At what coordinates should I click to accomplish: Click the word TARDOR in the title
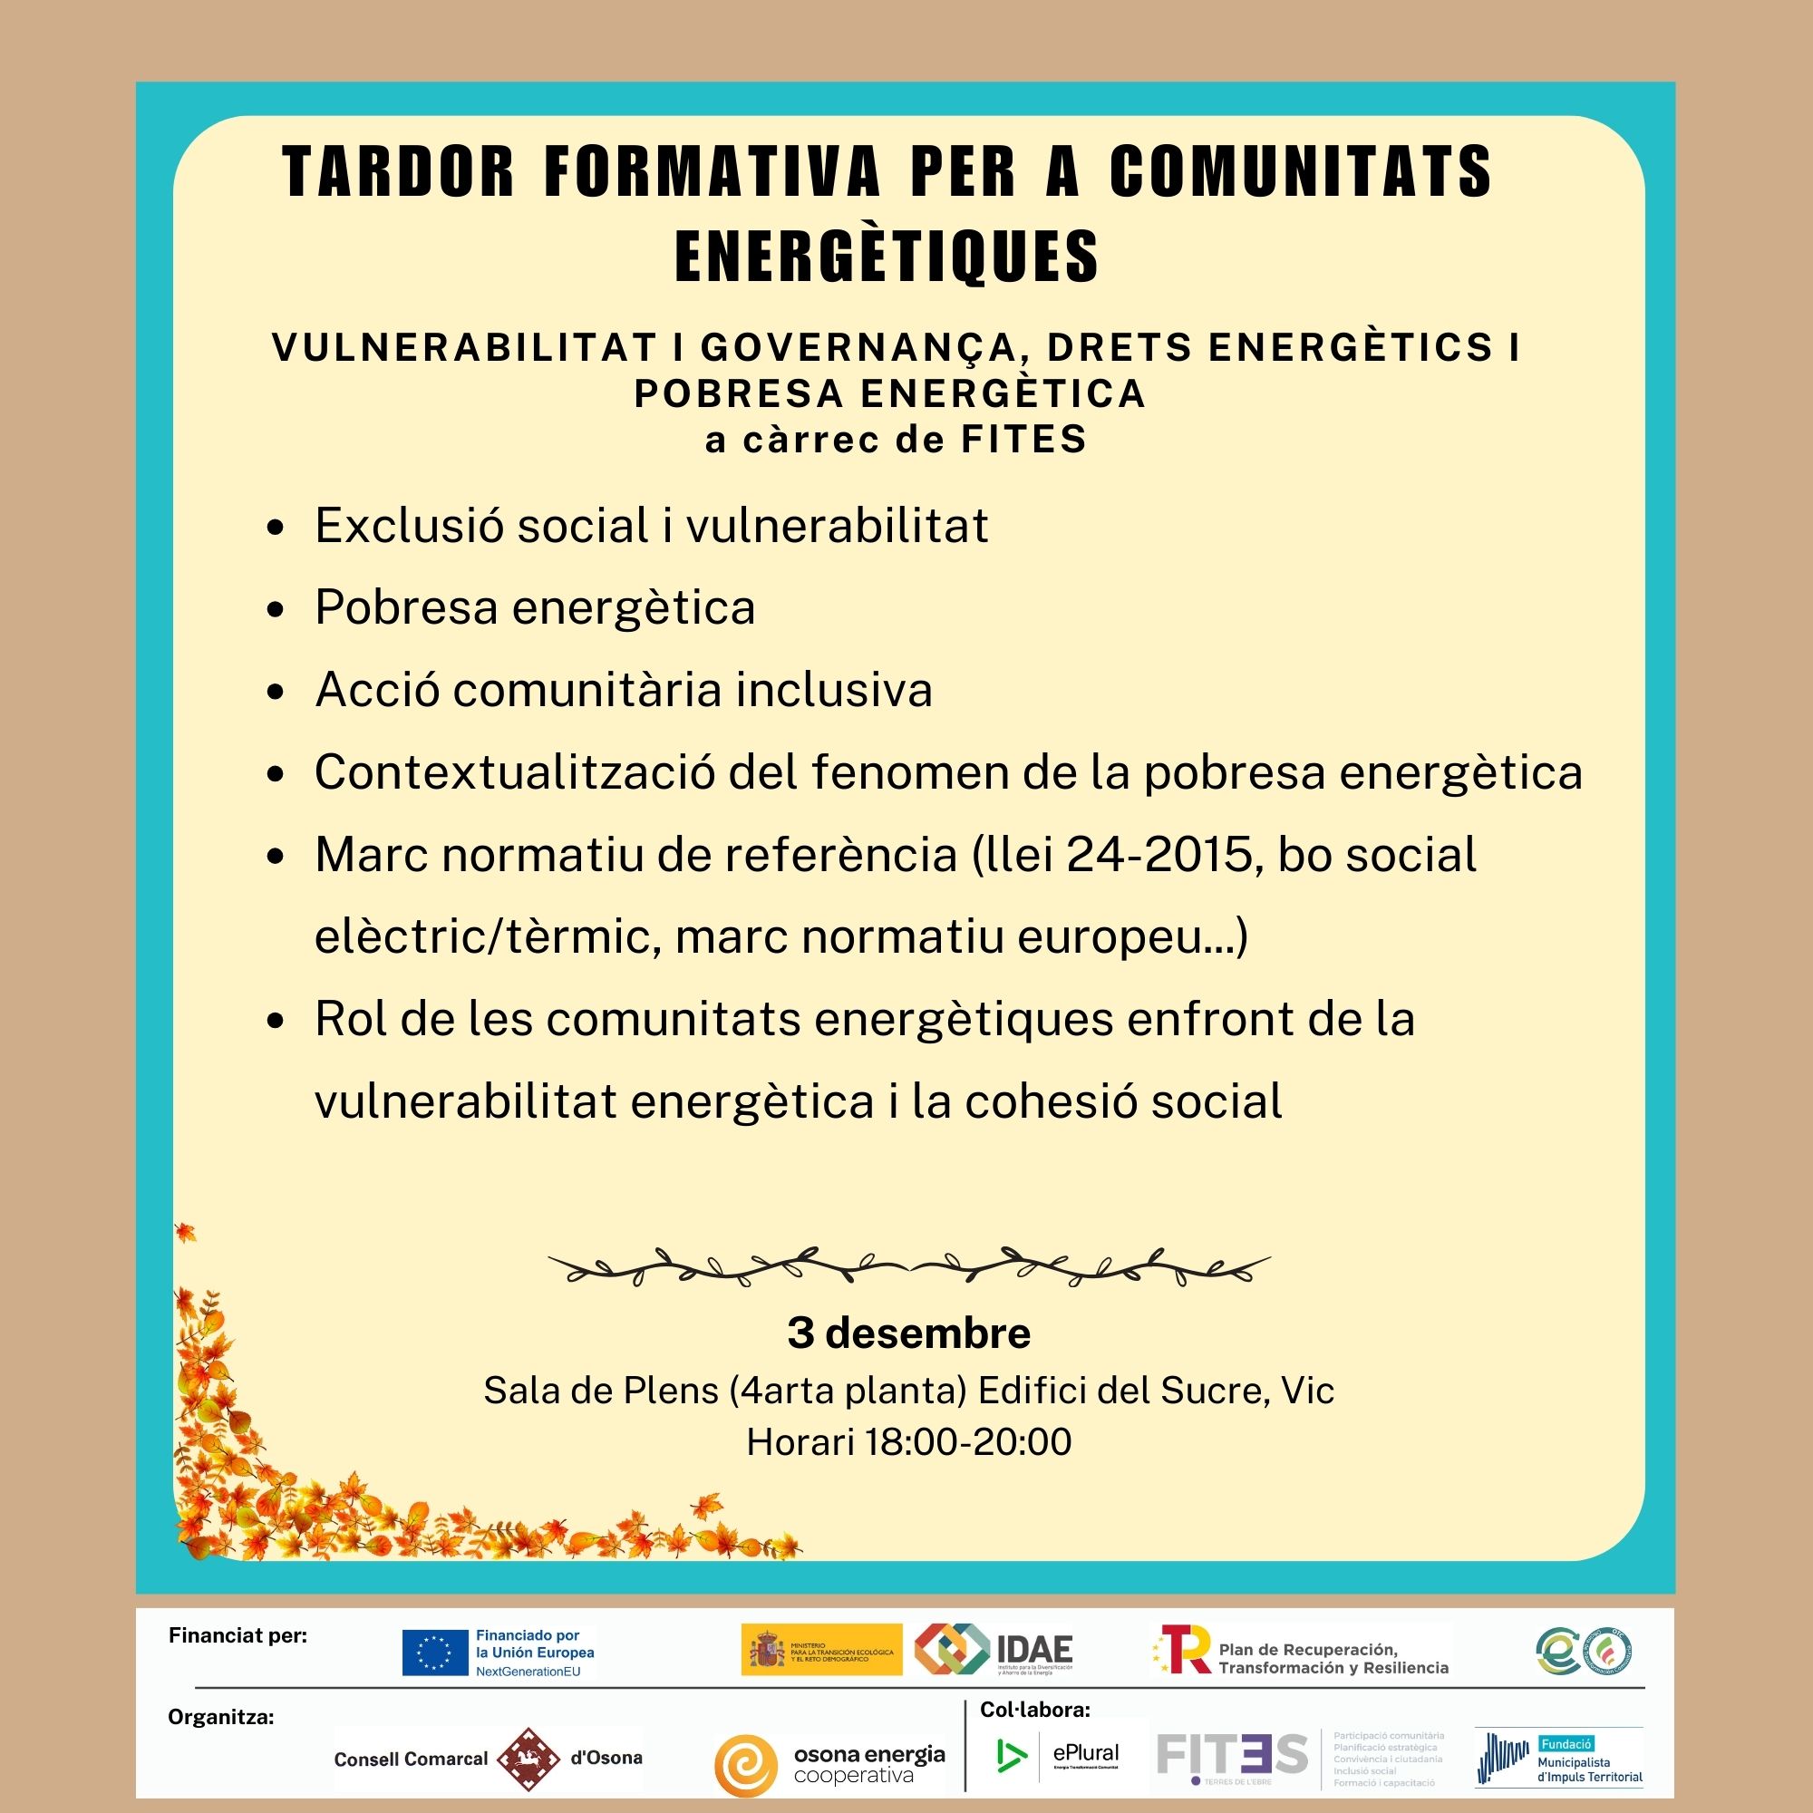click(x=399, y=171)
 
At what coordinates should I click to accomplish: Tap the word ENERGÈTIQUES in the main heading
click(x=887, y=257)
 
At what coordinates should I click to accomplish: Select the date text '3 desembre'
click(x=908, y=1333)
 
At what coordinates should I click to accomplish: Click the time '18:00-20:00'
click(x=967, y=1441)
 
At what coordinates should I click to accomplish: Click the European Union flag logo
click(x=434, y=1653)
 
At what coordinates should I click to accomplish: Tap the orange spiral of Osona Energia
click(x=746, y=1765)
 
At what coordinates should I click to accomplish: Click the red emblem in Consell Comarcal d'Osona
click(x=528, y=1759)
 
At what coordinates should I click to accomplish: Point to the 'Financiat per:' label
click(x=238, y=1635)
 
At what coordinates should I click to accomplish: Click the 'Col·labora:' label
click(x=1035, y=1710)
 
